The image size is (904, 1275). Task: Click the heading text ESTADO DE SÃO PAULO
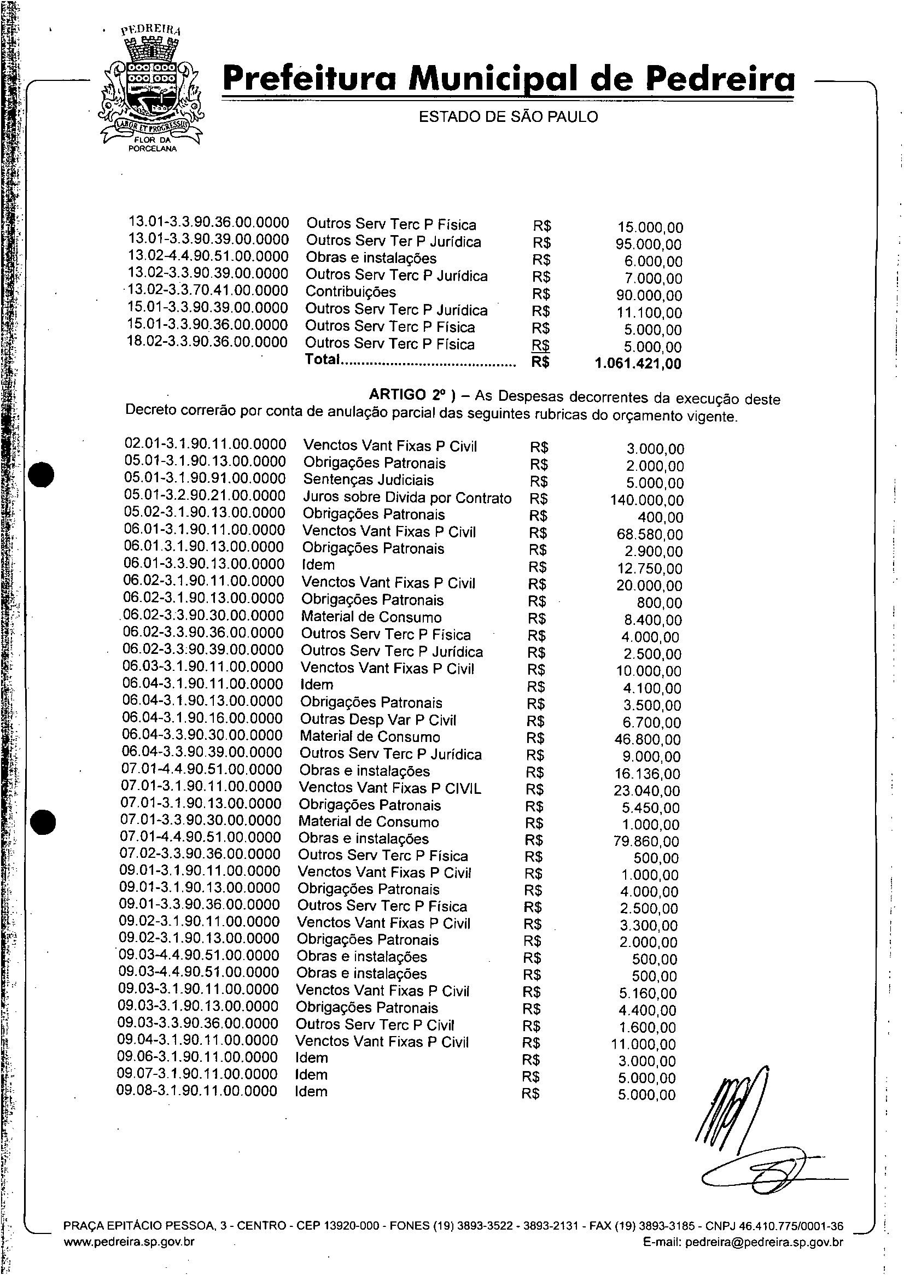click(x=508, y=117)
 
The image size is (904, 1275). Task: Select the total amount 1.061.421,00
click(x=637, y=364)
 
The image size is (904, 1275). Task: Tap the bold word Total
click(x=322, y=360)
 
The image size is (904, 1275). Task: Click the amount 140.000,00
click(x=647, y=500)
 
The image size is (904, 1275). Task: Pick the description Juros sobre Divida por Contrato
click(x=407, y=498)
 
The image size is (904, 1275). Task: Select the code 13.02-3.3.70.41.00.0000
click(x=208, y=291)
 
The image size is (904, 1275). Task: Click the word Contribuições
click(x=351, y=292)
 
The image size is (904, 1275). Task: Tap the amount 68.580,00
click(x=649, y=535)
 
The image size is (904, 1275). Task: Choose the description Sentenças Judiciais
click(x=368, y=480)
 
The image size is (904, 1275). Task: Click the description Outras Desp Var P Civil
click(x=378, y=720)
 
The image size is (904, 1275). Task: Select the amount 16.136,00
click(x=646, y=774)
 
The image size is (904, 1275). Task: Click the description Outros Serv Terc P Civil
click(x=375, y=1025)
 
